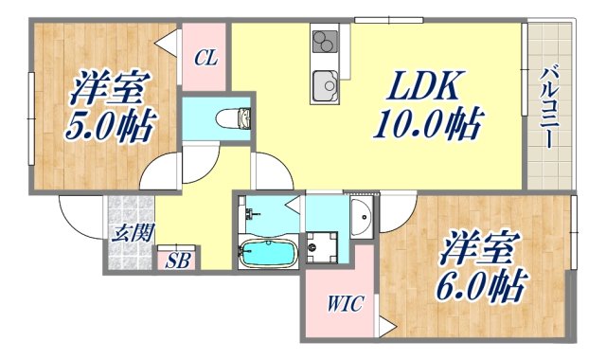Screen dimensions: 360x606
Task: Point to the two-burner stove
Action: pyautogui.click(x=325, y=43)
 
